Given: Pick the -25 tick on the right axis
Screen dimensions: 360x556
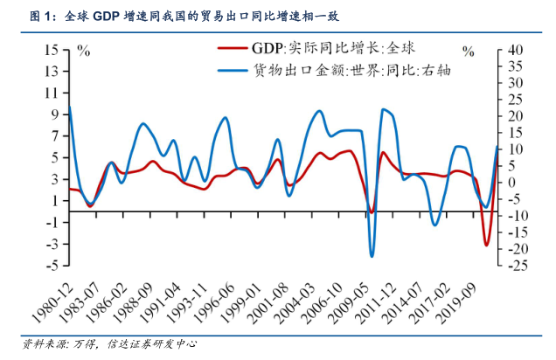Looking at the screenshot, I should (x=516, y=265).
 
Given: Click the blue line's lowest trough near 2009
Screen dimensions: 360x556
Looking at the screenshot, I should (x=372, y=256).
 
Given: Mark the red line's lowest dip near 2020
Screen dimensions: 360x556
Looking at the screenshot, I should (x=487, y=245).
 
